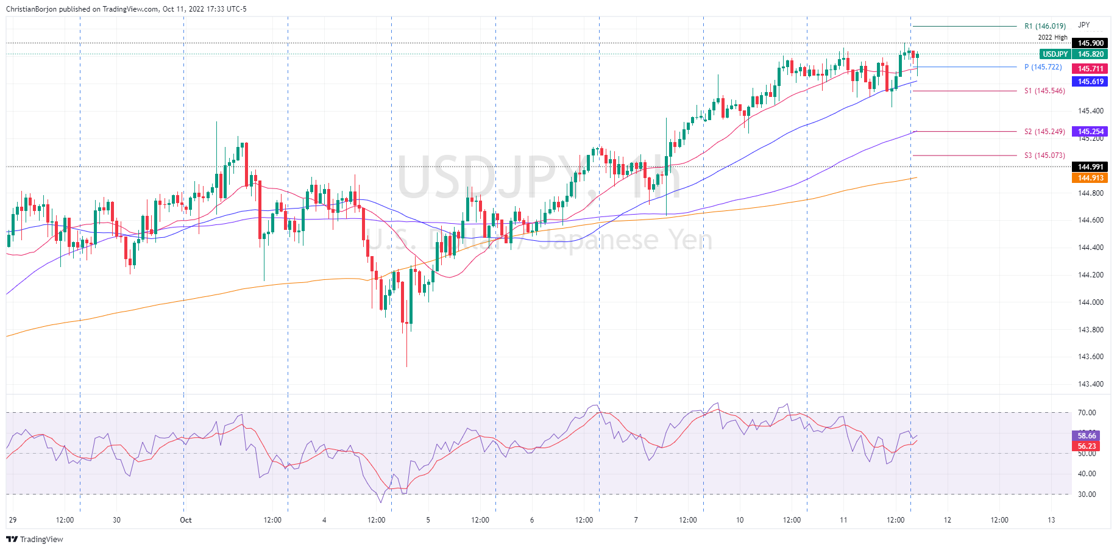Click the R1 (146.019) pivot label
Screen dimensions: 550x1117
pyautogui.click(x=1044, y=26)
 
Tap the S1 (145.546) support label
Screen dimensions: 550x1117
pyautogui.click(x=1044, y=91)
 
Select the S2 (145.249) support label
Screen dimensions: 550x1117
pyautogui.click(x=1044, y=132)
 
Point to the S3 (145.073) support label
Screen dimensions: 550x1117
pyautogui.click(x=1044, y=155)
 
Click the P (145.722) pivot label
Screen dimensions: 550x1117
pyautogui.click(x=1043, y=67)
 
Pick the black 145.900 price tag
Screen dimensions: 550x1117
pyautogui.click(x=1090, y=43)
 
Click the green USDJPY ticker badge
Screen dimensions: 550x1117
pyautogui.click(x=1054, y=54)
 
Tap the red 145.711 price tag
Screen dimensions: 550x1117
pyautogui.click(x=1090, y=69)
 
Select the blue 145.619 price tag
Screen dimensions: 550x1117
pyautogui.click(x=1090, y=82)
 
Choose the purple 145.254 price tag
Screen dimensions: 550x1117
pyautogui.click(x=1090, y=132)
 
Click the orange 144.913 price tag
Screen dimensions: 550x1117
pyautogui.click(x=1090, y=178)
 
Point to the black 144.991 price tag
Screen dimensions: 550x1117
pyautogui.click(x=1090, y=167)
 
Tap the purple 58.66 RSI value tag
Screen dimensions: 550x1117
pyautogui.click(x=1087, y=436)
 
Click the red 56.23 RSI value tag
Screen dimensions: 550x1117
pyautogui.click(x=1087, y=446)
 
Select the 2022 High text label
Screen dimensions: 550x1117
pyautogui.click(x=1052, y=38)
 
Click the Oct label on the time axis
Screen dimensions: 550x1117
pyautogui.click(x=185, y=520)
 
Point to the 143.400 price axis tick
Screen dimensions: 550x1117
pyautogui.click(x=1090, y=384)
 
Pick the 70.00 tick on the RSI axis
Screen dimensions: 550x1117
pyautogui.click(x=1087, y=413)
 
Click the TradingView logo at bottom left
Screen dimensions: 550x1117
pyautogui.click(x=35, y=540)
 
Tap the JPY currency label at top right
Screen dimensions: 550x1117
pyautogui.click(x=1083, y=25)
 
